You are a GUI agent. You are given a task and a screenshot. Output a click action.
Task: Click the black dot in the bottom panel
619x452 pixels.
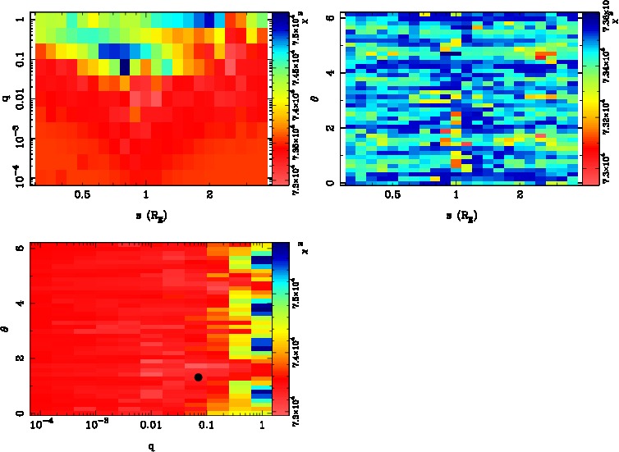[x=198, y=377]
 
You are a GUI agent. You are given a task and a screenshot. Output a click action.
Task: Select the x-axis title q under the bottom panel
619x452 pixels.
[x=150, y=446]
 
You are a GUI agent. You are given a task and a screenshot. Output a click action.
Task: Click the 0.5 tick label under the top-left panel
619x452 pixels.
[x=82, y=198]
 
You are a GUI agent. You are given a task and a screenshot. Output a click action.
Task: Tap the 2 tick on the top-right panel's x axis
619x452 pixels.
[x=520, y=198]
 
